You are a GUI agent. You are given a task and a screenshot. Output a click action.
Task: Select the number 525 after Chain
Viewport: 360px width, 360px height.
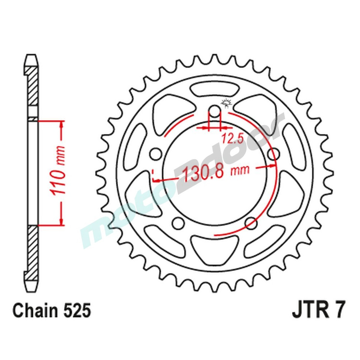(x=76, y=311)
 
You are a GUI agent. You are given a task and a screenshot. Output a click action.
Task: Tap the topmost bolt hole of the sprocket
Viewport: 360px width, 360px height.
(x=214, y=111)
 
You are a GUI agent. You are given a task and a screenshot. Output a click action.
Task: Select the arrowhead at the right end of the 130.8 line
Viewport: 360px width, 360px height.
(x=274, y=166)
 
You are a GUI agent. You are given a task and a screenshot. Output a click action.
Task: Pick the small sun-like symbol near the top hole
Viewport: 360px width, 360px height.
(x=227, y=103)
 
